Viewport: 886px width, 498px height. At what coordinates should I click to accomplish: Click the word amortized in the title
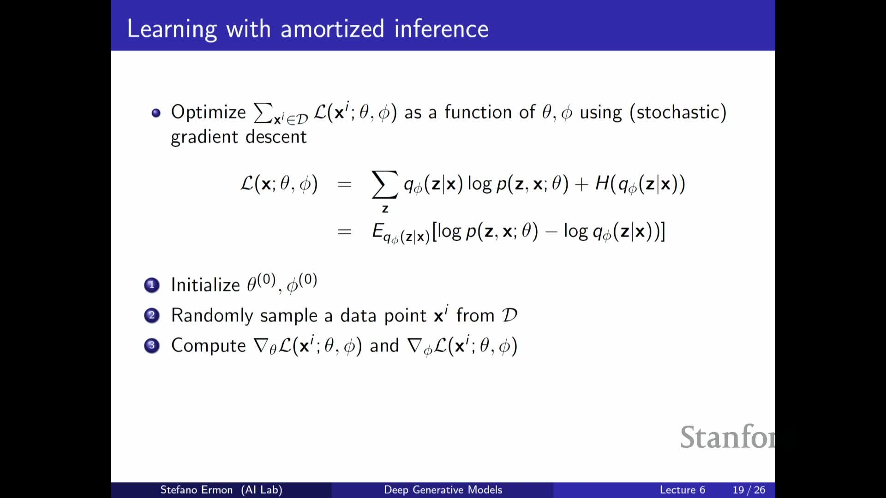(332, 29)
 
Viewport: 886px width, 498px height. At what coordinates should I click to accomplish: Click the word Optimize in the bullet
(209, 113)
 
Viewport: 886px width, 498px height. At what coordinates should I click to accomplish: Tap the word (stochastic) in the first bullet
(678, 113)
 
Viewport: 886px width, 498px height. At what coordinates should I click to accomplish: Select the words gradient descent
(239, 137)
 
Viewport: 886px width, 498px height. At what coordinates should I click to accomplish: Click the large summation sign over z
(385, 184)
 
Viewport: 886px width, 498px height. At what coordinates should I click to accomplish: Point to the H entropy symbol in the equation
(602, 184)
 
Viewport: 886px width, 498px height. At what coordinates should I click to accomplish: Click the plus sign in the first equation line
(581, 184)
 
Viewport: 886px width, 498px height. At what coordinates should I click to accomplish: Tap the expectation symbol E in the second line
(378, 231)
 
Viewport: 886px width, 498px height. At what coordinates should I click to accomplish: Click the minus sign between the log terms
(551, 232)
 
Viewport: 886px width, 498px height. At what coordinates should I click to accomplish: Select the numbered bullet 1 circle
(152, 285)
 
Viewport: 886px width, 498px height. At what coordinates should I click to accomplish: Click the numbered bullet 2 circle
(152, 316)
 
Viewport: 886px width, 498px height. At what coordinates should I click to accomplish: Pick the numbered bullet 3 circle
(152, 346)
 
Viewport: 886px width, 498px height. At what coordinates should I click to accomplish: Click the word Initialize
(205, 285)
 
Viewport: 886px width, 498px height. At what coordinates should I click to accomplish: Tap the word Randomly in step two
(212, 316)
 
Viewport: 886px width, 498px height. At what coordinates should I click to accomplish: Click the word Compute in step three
(209, 346)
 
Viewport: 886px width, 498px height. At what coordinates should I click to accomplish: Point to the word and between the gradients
(384, 346)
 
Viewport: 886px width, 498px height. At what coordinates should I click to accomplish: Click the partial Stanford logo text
(728, 437)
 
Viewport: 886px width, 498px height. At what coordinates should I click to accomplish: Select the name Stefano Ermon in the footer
(196, 490)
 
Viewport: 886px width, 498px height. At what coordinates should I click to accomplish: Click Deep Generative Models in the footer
(443, 490)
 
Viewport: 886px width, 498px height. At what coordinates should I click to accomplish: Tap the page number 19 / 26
(749, 490)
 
